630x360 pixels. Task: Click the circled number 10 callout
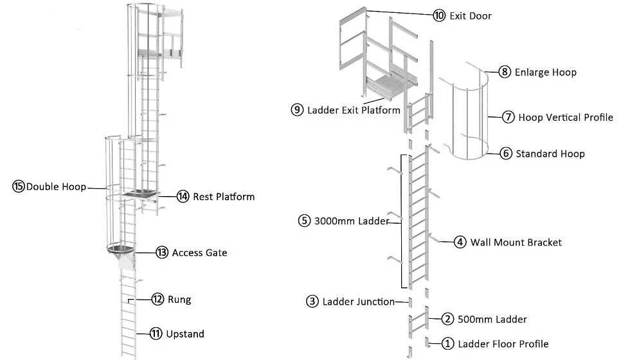[439, 15]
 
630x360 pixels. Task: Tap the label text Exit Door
[471, 16]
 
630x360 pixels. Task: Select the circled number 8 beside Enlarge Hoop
[505, 72]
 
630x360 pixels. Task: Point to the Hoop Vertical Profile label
[566, 117]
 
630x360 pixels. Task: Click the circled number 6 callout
[506, 153]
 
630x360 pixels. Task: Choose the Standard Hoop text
[550, 154]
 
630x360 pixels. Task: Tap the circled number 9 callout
[297, 110]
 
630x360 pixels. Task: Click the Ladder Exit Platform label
[354, 110]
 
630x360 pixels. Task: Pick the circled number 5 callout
[304, 221]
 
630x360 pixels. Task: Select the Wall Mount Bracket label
[516, 242]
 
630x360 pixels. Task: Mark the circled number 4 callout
[460, 242]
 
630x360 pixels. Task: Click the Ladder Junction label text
[359, 301]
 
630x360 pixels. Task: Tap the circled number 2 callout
[447, 319]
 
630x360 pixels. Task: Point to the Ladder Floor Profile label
[503, 344]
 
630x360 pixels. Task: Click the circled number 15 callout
[19, 186]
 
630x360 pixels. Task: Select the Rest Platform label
[224, 197]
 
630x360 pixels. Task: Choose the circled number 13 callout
[162, 252]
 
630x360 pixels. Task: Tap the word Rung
[179, 300]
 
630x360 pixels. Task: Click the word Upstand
[185, 334]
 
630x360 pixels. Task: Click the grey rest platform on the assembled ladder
[140, 194]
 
